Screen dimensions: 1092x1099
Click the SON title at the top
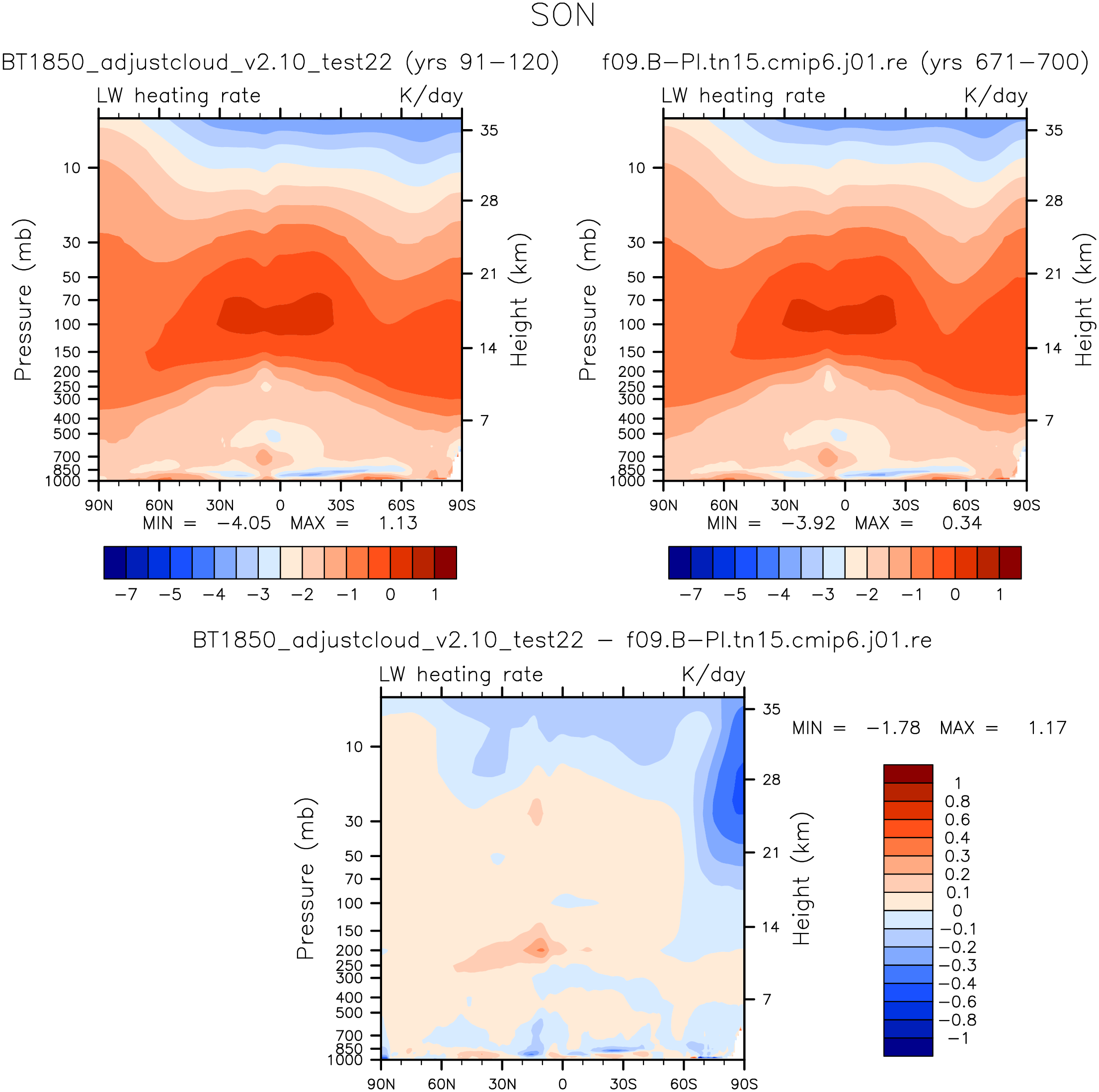coord(562,16)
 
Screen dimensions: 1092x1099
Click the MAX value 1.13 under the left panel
coord(398,523)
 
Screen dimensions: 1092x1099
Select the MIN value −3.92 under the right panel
coord(808,523)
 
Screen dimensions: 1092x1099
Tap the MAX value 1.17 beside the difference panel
coord(1047,728)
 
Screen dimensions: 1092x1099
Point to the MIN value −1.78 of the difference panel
coord(893,728)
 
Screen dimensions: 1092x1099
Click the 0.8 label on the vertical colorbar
coord(957,801)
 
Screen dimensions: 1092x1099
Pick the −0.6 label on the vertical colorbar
coord(957,1002)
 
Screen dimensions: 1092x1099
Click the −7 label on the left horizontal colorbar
coord(126,594)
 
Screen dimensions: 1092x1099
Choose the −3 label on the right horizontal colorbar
coord(823,594)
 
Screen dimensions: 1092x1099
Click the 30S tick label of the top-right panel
coord(905,506)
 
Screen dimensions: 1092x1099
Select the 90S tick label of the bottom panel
coord(744,1084)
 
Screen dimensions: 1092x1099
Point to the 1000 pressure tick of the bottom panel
coord(345,1060)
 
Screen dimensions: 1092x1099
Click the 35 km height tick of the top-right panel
coord(1053,131)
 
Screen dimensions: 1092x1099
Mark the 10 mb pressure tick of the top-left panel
coord(72,168)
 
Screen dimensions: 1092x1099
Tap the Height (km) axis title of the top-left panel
coord(519,299)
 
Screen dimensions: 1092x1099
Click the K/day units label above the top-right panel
coord(996,96)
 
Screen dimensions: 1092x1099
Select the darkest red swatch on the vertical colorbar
coord(908,773)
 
